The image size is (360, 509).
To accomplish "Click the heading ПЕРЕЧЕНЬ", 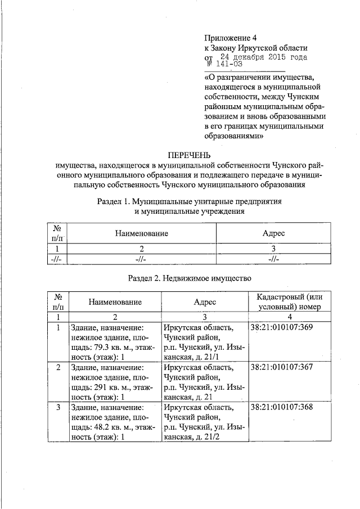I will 190,155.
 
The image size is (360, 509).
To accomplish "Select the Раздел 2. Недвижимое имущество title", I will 189,278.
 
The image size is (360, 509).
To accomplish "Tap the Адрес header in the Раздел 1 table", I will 274,233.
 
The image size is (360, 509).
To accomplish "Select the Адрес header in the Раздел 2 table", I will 205,302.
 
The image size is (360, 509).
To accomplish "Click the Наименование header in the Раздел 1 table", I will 142,233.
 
